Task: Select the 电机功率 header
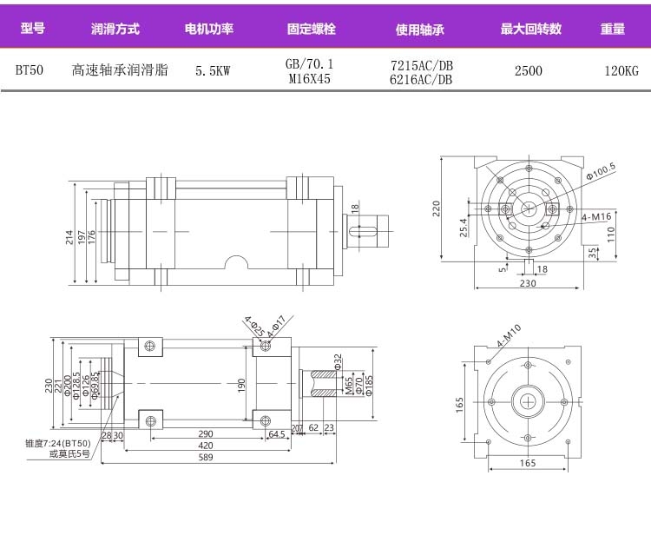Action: click(x=209, y=29)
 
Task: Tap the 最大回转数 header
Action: click(x=530, y=29)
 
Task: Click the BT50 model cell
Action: click(x=30, y=71)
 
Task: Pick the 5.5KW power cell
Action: click(x=213, y=71)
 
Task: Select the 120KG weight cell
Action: click(x=621, y=71)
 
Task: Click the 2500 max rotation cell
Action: click(x=528, y=71)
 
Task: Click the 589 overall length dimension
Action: click(x=206, y=457)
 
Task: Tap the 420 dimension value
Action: click(x=206, y=445)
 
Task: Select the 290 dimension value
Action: click(x=206, y=433)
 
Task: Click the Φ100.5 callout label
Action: click(x=600, y=169)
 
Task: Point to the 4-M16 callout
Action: click(x=596, y=215)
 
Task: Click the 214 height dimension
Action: click(x=70, y=235)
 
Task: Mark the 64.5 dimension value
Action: click(x=277, y=433)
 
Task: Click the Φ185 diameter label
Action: click(x=369, y=380)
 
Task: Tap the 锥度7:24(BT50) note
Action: click(x=58, y=444)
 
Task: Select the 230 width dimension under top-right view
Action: click(x=527, y=283)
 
